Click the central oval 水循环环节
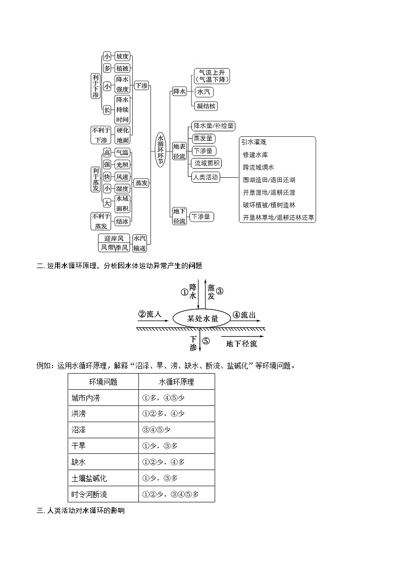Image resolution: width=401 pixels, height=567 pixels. click(x=161, y=150)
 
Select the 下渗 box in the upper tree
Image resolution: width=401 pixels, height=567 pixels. click(x=141, y=86)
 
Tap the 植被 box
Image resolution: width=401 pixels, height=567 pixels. click(x=122, y=68)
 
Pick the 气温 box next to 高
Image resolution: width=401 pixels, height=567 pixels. click(x=122, y=152)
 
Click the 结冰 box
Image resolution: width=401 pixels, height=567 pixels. click(x=122, y=221)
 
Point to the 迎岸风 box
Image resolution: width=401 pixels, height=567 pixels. click(x=114, y=238)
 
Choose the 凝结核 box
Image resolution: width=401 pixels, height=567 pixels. click(x=206, y=106)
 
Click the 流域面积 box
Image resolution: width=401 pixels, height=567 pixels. click(x=207, y=163)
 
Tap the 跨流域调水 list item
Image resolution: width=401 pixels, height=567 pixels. click(x=258, y=167)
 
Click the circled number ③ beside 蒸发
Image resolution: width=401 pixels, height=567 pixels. click(x=220, y=291)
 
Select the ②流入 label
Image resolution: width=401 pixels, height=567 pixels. click(x=149, y=315)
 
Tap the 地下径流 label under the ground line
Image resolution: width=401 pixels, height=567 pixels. click(x=241, y=344)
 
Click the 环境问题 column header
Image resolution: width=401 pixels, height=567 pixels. click(x=103, y=382)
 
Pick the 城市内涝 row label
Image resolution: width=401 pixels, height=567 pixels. click(x=86, y=398)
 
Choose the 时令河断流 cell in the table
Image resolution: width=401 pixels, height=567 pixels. click(x=89, y=494)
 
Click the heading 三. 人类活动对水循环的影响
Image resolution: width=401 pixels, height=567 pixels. click(x=80, y=511)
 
